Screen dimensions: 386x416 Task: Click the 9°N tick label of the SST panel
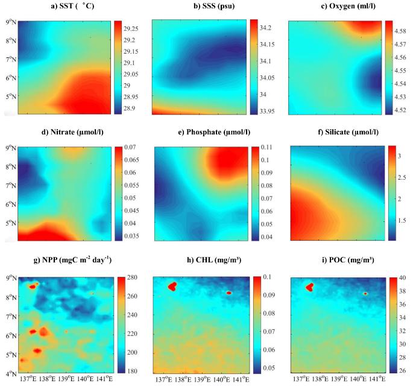pos(10,22)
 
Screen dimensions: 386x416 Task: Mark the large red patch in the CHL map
pos(172,286)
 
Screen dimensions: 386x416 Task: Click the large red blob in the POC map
pos(310,287)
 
